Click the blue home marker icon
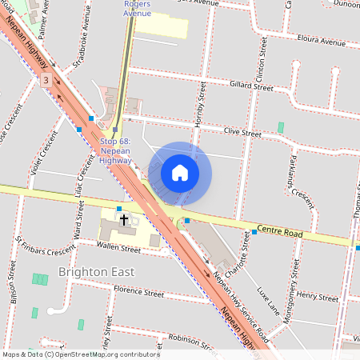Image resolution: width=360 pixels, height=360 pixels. [x=180, y=173]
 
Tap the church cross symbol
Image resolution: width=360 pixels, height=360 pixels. [x=124, y=218]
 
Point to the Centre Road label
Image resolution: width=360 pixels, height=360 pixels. [x=281, y=233]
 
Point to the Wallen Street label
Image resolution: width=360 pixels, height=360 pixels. [x=118, y=250]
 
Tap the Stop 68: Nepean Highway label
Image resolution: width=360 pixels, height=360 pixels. [x=116, y=151]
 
